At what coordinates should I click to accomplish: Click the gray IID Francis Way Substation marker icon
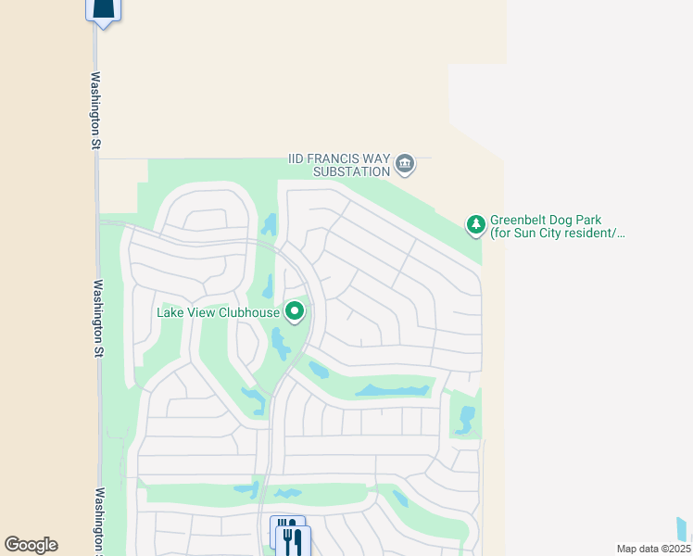(405, 165)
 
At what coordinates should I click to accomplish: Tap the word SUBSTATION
(351, 171)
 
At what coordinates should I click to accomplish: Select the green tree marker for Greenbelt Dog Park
(475, 224)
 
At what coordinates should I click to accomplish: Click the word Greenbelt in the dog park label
(520, 221)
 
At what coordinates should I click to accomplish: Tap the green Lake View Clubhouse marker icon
(295, 311)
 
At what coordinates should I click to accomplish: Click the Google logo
(31, 545)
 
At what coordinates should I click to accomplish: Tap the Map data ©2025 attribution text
(653, 549)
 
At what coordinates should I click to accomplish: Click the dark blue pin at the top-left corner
(103, 9)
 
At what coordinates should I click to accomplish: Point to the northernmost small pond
(269, 223)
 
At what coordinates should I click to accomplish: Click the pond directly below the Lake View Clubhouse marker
(279, 345)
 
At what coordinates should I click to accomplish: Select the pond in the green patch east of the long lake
(465, 419)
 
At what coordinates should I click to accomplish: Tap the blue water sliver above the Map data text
(683, 528)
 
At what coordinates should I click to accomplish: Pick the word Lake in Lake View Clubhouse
(170, 312)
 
